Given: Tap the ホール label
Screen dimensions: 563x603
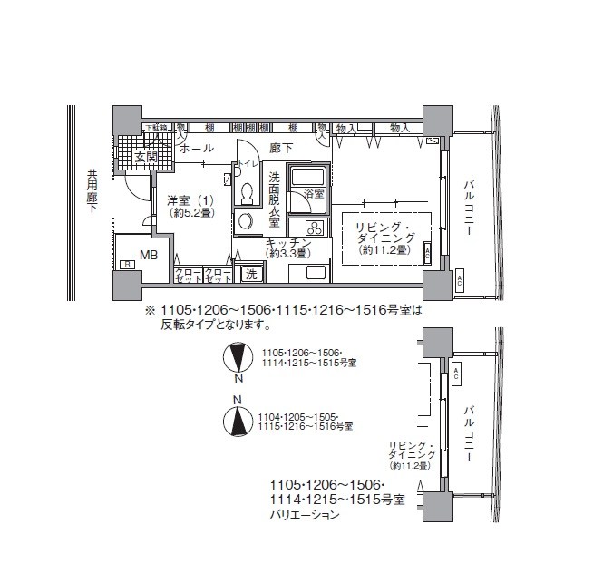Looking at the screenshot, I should [x=196, y=148].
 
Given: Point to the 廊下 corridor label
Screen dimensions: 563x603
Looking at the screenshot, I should [x=282, y=148].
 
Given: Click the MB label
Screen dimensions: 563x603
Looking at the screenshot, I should [x=149, y=255].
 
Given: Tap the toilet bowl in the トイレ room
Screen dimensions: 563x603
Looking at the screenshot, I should [x=247, y=193].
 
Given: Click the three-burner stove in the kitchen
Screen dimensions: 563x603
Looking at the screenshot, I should [x=314, y=227].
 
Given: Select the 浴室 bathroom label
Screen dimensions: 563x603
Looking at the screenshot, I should [x=314, y=194].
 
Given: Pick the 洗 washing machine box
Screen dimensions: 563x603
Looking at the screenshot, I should [x=250, y=274].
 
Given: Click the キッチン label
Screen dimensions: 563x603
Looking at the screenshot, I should [x=289, y=244].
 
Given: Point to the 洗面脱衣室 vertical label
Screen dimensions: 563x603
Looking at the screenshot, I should [x=274, y=199].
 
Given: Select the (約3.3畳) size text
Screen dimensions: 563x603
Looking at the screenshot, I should [x=286, y=256].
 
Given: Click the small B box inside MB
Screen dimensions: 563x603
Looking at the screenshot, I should [x=127, y=264].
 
